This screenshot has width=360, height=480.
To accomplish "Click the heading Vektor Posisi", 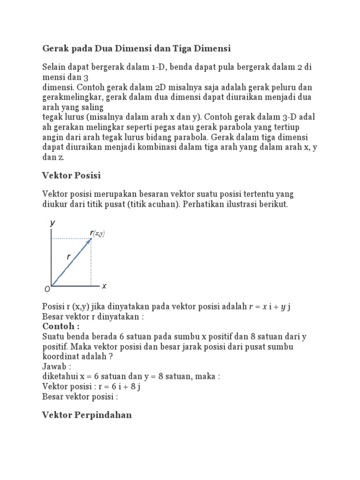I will (x=71, y=175).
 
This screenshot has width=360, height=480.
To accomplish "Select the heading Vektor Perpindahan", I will (x=87, y=415).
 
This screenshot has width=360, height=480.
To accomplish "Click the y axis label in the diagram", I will (x=52, y=224).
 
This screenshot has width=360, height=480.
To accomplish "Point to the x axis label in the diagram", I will (x=104, y=286).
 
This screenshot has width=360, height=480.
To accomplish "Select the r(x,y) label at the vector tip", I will (x=97, y=233).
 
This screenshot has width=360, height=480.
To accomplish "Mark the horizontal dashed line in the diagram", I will (x=70, y=239).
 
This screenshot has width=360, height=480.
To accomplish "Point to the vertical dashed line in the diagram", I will (x=91, y=262).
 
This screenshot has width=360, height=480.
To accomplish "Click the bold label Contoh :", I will (x=61, y=326).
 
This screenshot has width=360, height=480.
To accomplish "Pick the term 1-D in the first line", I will (x=159, y=67).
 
